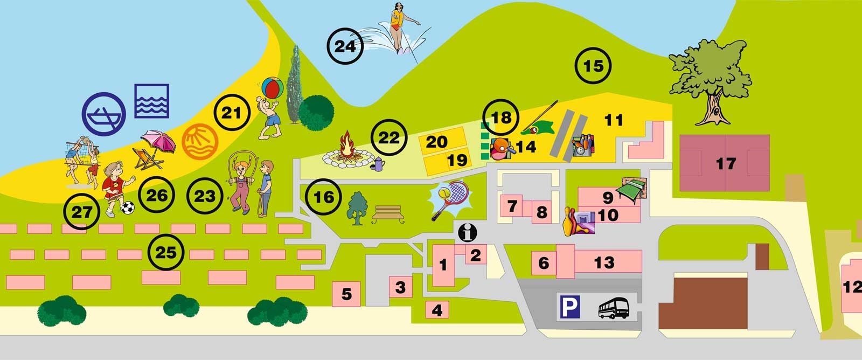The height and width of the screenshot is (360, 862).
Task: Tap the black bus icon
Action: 614,308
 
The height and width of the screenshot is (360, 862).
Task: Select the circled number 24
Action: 346,46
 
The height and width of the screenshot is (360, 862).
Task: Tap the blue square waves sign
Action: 151,101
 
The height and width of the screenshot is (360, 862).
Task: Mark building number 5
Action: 346,294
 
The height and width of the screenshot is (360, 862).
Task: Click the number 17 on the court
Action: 725,163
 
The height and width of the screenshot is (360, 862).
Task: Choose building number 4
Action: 437,310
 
